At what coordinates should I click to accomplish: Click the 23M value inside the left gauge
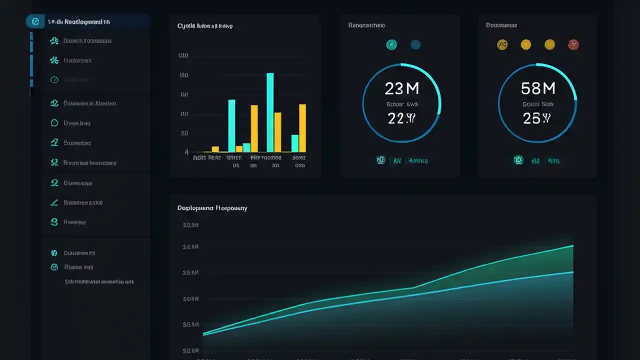[401, 88]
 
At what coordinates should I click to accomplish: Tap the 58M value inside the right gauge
[538, 88]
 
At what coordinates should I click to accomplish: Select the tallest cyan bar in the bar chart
[270, 112]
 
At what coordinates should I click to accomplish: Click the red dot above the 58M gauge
[573, 45]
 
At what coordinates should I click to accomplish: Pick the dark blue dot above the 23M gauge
[415, 45]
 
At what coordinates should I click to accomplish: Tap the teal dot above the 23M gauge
[391, 45]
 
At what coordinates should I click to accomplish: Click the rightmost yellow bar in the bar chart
[302, 127]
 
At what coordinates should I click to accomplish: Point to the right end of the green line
[572, 245]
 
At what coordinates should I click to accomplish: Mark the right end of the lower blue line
[572, 272]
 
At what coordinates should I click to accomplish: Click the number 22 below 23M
[395, 118]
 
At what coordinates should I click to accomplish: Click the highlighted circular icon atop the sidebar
[35, 22]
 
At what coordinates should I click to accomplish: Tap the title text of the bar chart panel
[205, 25]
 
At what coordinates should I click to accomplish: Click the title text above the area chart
[212, 208]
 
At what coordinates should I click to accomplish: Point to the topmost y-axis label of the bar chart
[183, 56]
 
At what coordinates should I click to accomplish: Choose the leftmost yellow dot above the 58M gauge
[502, 45]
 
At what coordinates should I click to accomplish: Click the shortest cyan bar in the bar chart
[246, 147]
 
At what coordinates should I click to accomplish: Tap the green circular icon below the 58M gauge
[518, 160]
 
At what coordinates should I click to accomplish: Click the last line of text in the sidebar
[99, 282]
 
